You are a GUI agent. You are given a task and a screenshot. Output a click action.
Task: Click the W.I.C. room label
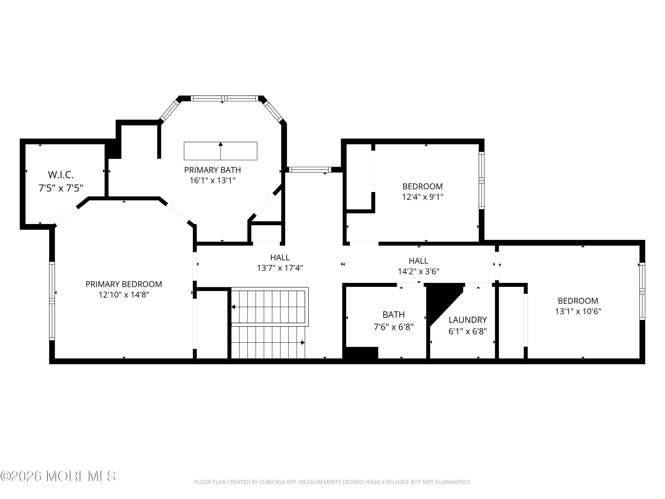pyautogui.click(x=61, y=175)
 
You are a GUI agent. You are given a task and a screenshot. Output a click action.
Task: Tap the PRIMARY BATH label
pyautogui.click(x=213, y=170)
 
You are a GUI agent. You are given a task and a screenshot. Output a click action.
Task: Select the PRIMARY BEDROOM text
pyautogui.click(x=124, y=284)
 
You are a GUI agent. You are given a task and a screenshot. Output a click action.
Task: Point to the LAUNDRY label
pyautogui.click(x=468, y=320)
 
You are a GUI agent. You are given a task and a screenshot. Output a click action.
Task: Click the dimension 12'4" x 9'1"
pyautogui.click(x=423, y=197)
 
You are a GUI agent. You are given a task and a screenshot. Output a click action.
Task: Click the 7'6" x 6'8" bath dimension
pyautogui.click(x=393, y=327)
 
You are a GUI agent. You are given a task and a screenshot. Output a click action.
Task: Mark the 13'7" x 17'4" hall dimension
pyautogui.click(x=280, y=268)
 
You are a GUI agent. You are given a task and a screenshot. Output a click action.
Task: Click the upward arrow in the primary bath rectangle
pyautogui.click(x=221, y=151)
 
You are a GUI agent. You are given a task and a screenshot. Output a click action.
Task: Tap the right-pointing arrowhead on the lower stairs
pyautogui.click(x=303, y=343)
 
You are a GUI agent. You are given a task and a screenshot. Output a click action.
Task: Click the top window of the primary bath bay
pyautogui.click(x=225, y=98)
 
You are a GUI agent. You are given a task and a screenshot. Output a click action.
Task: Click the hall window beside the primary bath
pyautogui.click(x=310, y=170)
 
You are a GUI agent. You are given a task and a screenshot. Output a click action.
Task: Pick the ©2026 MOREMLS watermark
pyautogui.click(x=58, y=476)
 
